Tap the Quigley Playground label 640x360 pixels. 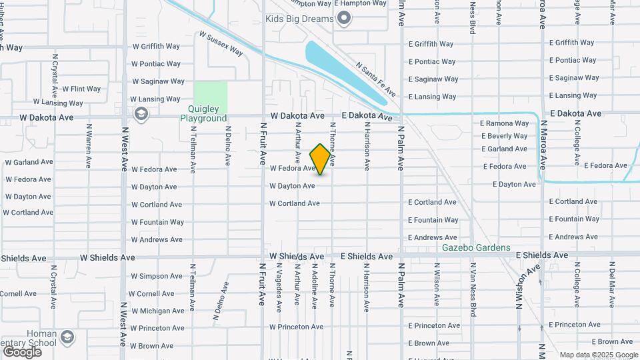click(203, 114)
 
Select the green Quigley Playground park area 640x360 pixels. click(210, 97)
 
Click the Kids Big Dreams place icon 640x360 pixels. click(344, 19)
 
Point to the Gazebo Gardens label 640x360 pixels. click(477, 248)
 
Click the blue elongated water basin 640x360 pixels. click(344, 73)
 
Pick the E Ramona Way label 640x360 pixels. click(504, 123)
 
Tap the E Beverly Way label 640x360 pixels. click(504, 136)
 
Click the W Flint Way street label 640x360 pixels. click(81, 89)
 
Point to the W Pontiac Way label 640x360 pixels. click(156, 64)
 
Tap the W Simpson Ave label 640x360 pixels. click(156, 276)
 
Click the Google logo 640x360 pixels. click(22, 351)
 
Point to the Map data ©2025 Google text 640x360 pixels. click(599, 355)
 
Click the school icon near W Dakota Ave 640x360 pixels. click(141, 115)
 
